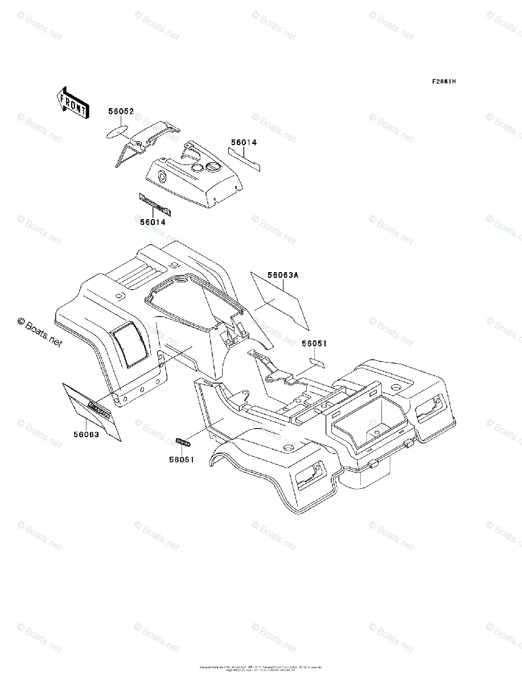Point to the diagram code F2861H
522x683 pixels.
pos(443,81)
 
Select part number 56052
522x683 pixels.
pos(121,112)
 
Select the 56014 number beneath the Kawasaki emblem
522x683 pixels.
pos(153,223)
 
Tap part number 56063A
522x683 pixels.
pos(283,275)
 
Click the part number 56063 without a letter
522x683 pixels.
pos(86,435)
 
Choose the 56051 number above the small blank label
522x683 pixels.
pos(314,344)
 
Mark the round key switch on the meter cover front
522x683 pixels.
pos(161,176)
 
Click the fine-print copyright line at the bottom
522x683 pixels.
pos(261,668)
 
